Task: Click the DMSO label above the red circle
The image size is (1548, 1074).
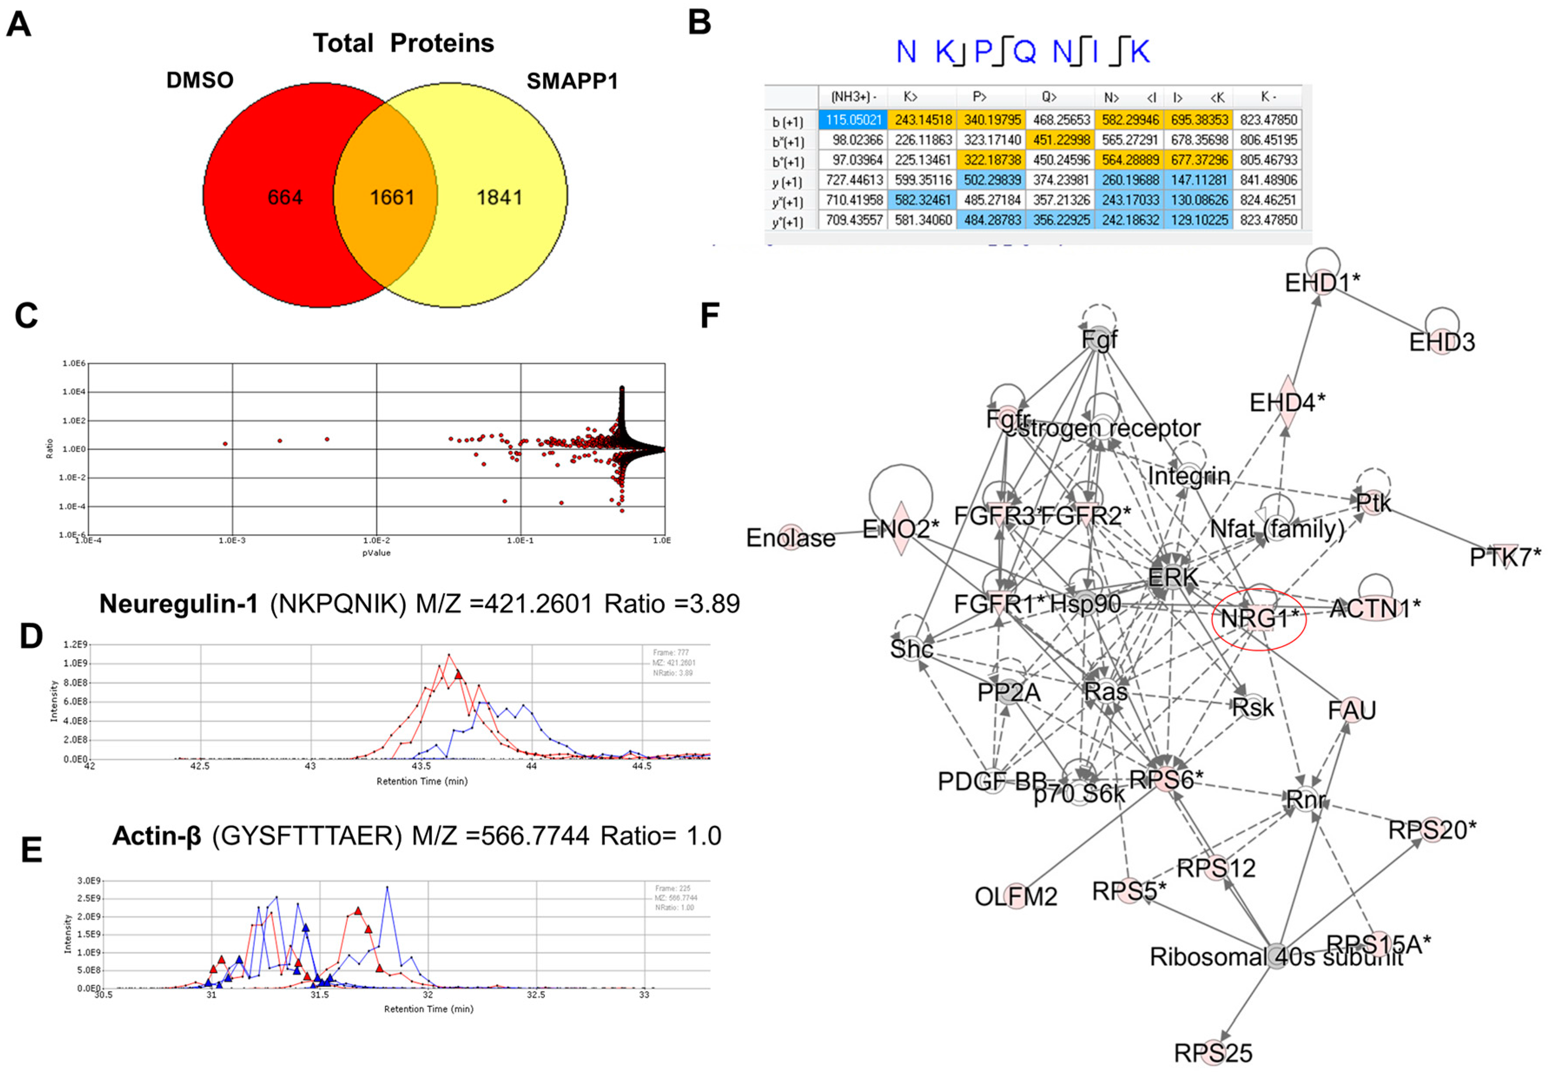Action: [200, 80]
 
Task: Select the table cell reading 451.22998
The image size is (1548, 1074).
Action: [1060, 140]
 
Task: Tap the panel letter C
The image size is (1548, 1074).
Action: [26, 315]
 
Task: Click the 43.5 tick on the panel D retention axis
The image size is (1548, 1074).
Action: [422, 766]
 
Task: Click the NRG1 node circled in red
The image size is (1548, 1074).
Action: [1258, 618]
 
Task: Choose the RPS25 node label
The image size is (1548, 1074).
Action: [1213, 1052]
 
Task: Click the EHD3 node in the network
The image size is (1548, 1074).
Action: [1442, 342]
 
